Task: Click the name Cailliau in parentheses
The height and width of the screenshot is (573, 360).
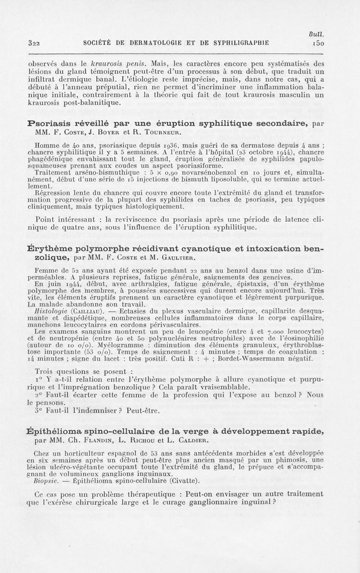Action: click(x=90, y=310)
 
